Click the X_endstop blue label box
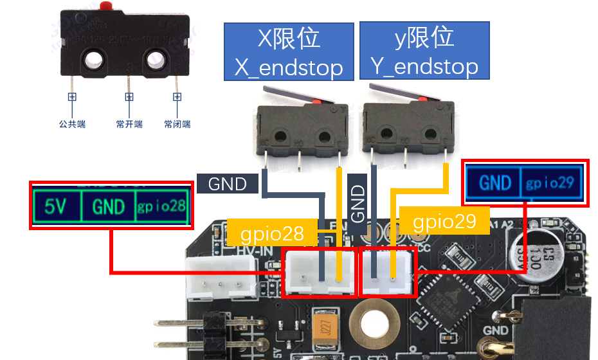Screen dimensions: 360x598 coord(288,51)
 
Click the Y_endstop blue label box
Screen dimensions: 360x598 coord(424,50)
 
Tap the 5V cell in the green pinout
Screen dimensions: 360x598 coord(56,206)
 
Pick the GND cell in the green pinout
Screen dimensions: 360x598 coord(108,206)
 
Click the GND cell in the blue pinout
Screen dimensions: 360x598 coord(494,183)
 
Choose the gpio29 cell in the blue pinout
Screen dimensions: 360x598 coord(550,183)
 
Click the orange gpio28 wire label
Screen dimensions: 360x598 coord(271,233)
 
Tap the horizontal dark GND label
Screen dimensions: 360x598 coord(228,184)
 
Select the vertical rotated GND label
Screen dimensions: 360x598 coord(359,203)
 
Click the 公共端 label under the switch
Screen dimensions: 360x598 coord(72,124)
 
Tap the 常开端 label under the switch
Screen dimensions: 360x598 coord(129,124)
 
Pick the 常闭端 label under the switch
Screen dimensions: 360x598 coord(177,124)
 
